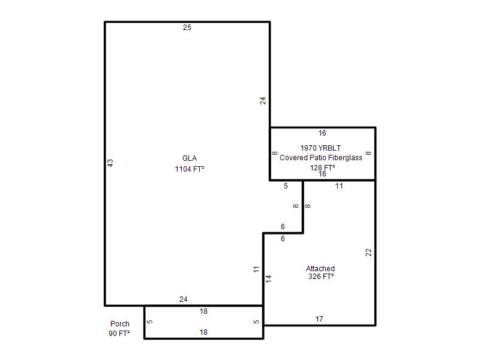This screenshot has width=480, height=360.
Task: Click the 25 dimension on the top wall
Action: pos(187,28)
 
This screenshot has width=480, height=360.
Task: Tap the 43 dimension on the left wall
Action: pos(110,163)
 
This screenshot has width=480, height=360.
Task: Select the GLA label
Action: pos(190,158)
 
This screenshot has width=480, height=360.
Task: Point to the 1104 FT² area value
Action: pos(190,169)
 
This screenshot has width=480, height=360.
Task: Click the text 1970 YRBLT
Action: pos(320,148)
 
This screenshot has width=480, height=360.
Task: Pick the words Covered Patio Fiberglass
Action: pos(321,158)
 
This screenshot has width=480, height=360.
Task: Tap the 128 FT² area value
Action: pos(322,167)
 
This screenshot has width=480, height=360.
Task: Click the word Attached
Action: pos(320,268)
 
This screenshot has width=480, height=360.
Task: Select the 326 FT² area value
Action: pos(321,277)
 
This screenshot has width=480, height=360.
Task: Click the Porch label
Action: pos(119,324)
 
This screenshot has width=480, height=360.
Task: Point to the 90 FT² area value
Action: pos(119,334)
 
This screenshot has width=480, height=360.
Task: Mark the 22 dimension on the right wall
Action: pos(368,253)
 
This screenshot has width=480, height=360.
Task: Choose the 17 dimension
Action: pos(319,319)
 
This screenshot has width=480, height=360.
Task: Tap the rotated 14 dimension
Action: pos(268,279)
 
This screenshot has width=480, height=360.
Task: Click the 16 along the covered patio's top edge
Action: pos(322,133)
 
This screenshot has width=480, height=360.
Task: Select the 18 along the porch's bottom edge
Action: pos(203,332)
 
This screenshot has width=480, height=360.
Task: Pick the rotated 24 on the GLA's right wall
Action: pos(263,101)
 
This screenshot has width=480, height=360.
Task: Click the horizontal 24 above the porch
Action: pos(184,299)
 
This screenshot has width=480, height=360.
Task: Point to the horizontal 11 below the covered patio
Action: pos(339,186)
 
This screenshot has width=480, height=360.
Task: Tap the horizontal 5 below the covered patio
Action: pos(286,186)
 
